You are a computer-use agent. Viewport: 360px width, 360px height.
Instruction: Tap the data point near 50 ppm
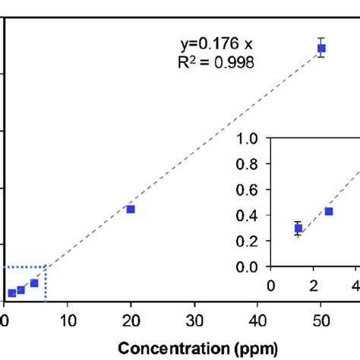(x=321, y=49)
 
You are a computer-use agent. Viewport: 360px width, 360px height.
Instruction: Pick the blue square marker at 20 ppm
(x=131, y=209)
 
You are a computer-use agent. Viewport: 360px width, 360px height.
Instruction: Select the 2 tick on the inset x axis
(x=314, y=286)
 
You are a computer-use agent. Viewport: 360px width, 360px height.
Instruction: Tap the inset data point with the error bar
(x=298, y=228)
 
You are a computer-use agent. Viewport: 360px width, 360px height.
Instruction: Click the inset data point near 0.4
(x=329, y=211)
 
